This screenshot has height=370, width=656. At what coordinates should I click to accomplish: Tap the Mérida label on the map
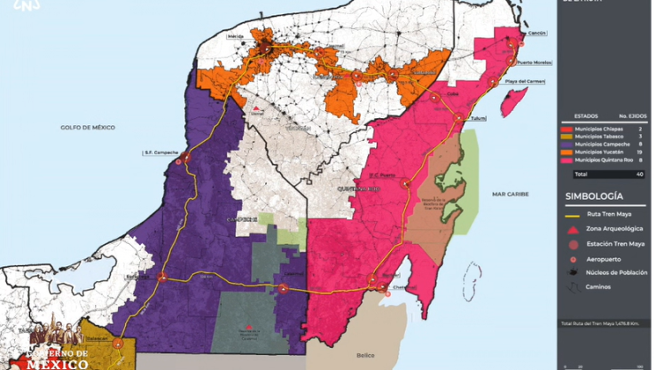point(236,37)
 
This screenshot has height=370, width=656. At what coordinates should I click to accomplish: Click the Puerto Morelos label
point(535,63)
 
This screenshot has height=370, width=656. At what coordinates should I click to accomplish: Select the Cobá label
point(451,91)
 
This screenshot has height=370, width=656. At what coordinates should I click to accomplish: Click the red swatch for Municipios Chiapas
point(567,130)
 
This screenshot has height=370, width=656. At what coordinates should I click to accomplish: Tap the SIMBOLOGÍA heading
point(593,196)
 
